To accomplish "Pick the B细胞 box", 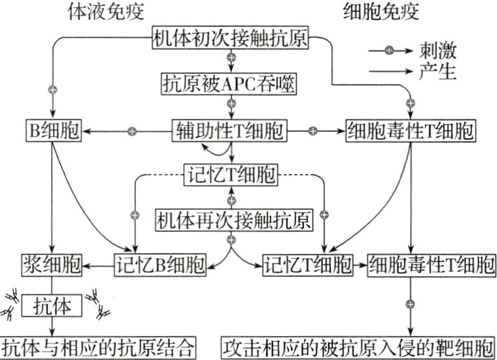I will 53,131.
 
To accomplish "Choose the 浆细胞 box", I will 50,264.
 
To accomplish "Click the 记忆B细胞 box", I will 160,264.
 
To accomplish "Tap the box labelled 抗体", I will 53,304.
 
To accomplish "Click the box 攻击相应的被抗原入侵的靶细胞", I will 359,347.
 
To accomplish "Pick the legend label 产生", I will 438,72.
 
